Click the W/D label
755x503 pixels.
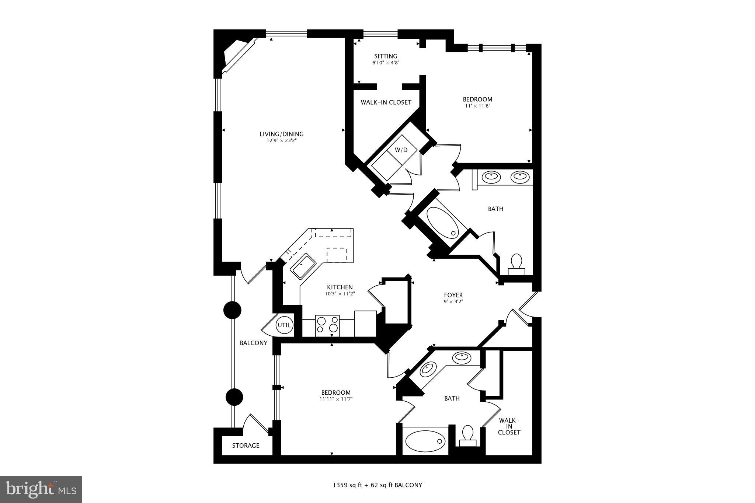[401, 150]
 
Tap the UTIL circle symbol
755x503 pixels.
[284, 325]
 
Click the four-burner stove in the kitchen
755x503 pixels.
[327, 325]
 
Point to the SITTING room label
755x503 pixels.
[386, 56]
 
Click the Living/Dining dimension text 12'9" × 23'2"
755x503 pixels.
[282, 140]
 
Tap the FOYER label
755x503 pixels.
[453, 295]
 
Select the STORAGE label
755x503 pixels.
[246, 446]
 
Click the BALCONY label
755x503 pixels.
[254, 343]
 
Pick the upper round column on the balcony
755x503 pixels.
[232, 310]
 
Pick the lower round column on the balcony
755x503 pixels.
[234, 397]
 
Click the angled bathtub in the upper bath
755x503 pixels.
[442, 222]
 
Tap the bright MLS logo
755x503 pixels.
[41, 489]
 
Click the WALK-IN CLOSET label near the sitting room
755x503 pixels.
[386, 102]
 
